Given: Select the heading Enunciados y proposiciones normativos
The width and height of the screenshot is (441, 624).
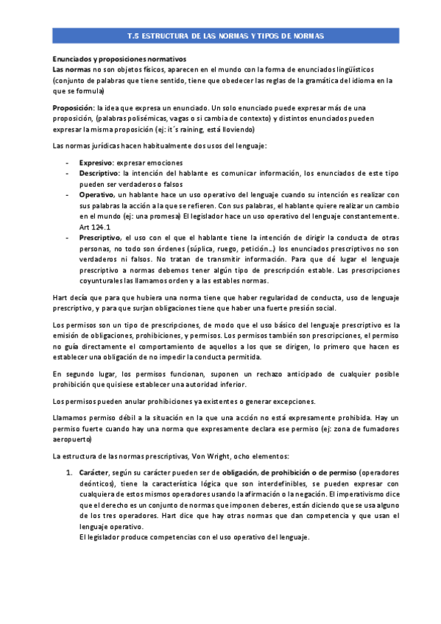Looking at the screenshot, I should tap(119, 58).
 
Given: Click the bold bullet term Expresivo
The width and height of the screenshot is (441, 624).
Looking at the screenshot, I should tap(96, 163).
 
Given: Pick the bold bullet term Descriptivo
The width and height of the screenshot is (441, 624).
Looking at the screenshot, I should tap(98, 174).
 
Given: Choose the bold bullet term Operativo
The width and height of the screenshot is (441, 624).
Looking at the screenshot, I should tap(96, 195).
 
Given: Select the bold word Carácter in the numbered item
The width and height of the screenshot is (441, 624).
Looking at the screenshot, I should tap(94, 472).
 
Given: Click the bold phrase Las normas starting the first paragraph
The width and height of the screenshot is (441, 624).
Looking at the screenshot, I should tap(71, 69).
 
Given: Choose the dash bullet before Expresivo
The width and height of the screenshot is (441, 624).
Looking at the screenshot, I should tap(68, 163).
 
